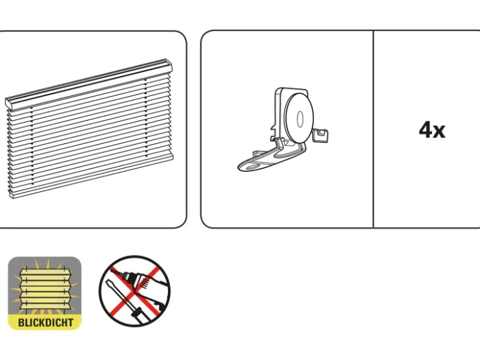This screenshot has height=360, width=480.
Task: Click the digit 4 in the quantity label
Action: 426,130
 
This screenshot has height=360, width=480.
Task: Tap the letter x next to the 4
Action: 440,132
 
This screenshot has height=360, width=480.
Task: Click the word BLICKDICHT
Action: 45,322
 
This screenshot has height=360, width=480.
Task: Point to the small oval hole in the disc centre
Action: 300,119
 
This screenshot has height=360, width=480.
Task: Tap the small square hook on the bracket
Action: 320,136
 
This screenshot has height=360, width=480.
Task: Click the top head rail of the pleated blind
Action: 89,82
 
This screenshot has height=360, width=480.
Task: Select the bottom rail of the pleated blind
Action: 92,176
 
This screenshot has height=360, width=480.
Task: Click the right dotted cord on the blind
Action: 146,118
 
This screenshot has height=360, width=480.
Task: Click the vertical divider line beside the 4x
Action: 374,129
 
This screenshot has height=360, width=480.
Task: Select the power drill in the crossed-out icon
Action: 143,285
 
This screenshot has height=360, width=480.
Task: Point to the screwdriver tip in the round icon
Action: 108,282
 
